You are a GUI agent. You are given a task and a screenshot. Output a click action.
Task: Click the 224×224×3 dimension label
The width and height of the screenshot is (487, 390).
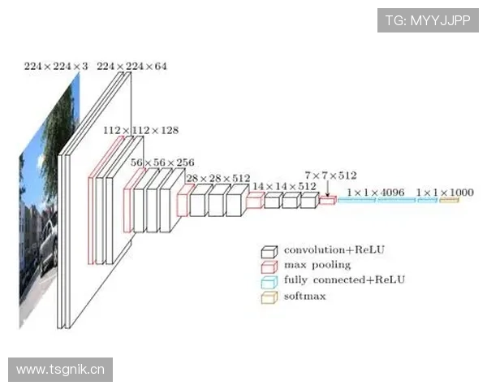[x=56, y=67]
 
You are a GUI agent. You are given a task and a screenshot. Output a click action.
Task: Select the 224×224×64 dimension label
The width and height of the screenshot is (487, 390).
[x=131, y=67]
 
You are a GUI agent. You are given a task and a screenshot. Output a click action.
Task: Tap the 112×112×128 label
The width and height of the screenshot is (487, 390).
[x=140, y=130]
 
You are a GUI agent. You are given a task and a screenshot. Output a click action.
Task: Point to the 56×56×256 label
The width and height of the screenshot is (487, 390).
[x=162, y=162]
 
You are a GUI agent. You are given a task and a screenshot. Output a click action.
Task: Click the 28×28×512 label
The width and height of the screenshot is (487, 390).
[x=218, y=178]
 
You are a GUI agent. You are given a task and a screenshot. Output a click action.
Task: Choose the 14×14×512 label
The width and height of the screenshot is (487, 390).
[x=284, y=186]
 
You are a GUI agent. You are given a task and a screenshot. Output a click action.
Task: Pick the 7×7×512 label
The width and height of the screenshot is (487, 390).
[x=330, y=175]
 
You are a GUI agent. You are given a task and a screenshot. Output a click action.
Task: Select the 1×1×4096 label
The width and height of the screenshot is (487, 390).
[x=376, y=193]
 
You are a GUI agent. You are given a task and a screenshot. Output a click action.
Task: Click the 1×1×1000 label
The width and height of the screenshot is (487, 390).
[x=445, y=193]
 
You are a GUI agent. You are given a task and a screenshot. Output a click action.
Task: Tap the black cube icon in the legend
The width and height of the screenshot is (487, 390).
[x=269, y=252]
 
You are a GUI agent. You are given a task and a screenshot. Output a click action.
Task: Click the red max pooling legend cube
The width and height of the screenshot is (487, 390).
[x=269, y=266]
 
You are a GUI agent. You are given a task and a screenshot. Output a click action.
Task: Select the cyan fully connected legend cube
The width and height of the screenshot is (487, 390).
[x=269, y=282]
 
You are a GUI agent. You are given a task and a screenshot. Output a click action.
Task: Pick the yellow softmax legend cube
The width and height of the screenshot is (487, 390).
[x=269, y=297]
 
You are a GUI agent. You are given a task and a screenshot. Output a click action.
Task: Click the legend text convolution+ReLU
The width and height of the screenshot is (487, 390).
[x=334, y=249]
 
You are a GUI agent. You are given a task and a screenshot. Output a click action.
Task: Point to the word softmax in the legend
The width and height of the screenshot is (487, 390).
[x=304, y=296]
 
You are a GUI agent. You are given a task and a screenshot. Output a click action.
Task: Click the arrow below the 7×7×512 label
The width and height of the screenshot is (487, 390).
[x=327, y=189]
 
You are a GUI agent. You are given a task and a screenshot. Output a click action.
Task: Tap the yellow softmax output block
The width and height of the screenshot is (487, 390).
[x=449, y=201]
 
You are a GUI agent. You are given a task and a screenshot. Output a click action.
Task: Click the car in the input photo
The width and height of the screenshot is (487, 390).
[x=48, y=248]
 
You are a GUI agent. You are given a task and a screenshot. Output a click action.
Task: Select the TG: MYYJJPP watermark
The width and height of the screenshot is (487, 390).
[x=428, y=20]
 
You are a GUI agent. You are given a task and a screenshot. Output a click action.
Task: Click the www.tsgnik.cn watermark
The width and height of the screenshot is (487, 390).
[x=61, y=370]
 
